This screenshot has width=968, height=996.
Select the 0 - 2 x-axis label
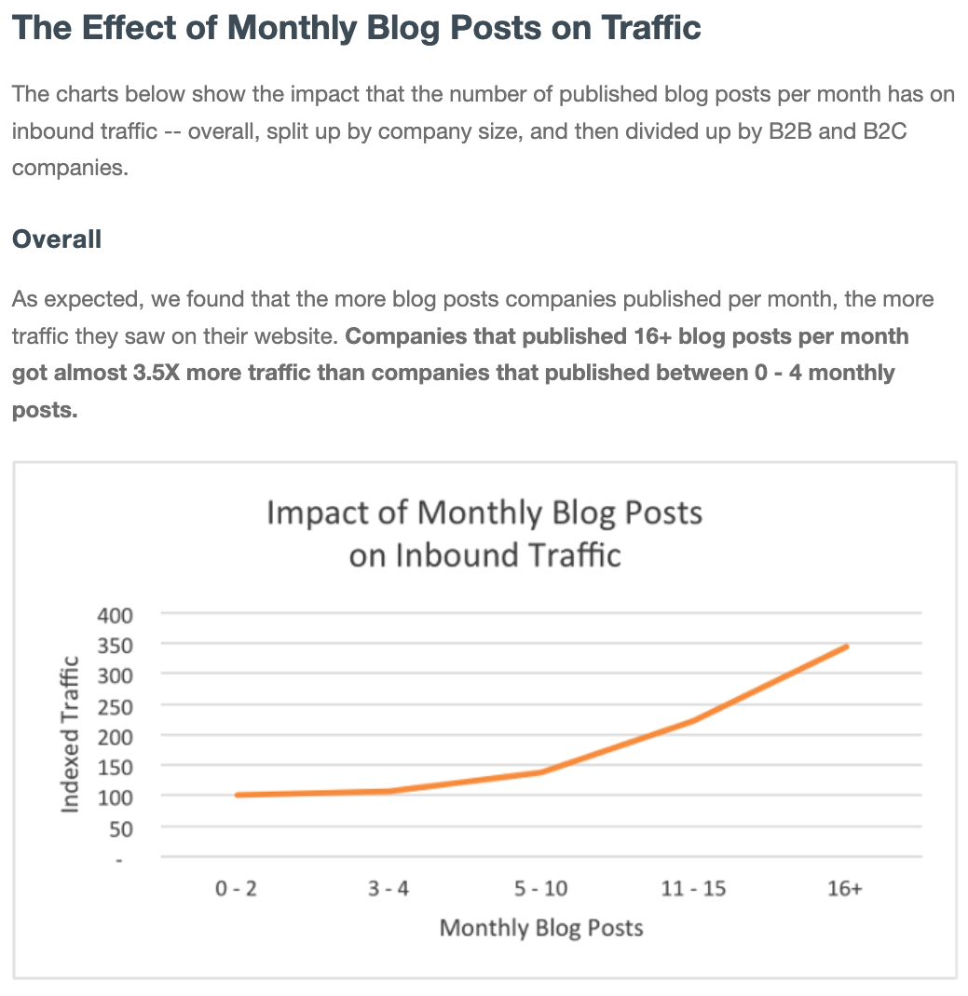(236, 889)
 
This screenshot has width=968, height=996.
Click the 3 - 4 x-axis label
(389, 889)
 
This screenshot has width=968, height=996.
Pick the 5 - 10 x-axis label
(540, 889)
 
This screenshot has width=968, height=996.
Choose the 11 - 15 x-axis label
(693, 889)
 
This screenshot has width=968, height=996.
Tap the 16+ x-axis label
(845, 889)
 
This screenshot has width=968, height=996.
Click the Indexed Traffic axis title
(70, 735)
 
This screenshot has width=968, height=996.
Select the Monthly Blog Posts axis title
(541, 928)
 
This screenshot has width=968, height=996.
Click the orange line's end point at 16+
(846, 646)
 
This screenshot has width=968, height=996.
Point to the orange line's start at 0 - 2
(238, 795)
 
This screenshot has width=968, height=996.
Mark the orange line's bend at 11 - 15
(693, 720)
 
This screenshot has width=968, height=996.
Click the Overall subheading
(57, 239)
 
